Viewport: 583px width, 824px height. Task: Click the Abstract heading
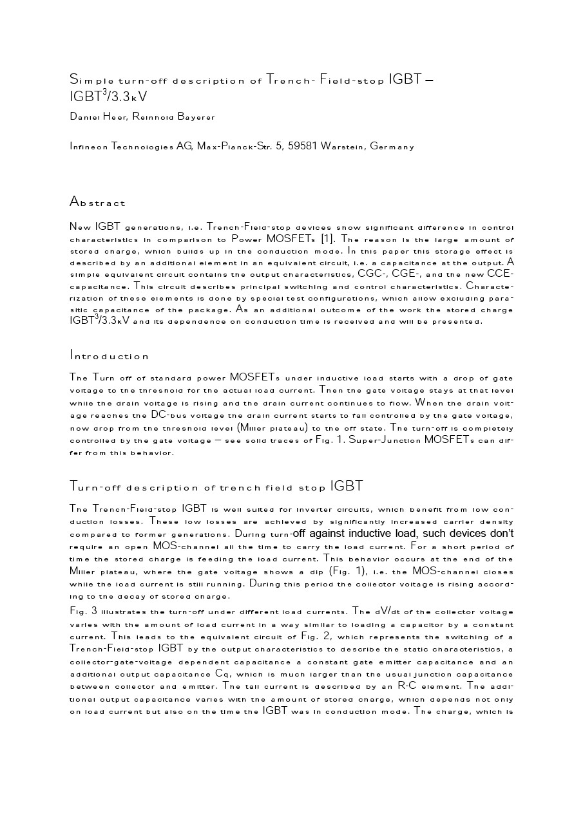point(97,202)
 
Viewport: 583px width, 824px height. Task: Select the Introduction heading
point(109,355)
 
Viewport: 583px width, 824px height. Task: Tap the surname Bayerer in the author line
point(192,117)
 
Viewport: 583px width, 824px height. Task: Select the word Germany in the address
point(392,146)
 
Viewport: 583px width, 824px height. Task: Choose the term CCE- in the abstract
point(499,274)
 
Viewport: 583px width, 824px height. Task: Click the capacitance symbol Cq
point(223,675)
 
